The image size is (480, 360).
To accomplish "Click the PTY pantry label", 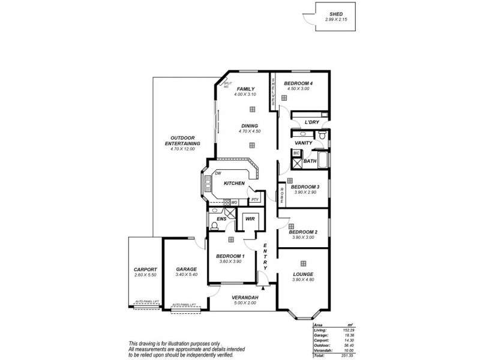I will [254, 199].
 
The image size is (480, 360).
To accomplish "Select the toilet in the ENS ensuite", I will [215, 227].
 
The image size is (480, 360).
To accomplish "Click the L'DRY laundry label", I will [312, 122].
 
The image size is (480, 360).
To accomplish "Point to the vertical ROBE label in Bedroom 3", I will [282, 197].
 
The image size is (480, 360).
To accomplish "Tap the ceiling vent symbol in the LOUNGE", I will [304, 263].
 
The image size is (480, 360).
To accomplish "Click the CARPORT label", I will [145, 269].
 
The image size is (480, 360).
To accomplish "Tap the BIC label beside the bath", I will [296, 154].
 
